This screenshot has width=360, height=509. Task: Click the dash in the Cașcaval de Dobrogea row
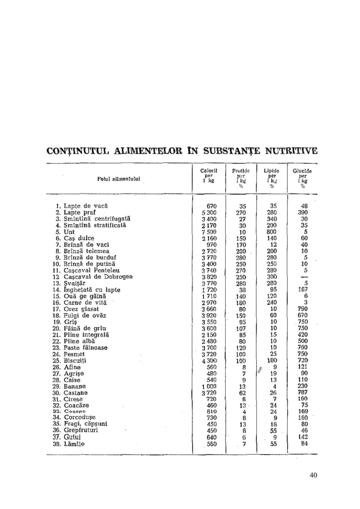click(305, 277)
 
